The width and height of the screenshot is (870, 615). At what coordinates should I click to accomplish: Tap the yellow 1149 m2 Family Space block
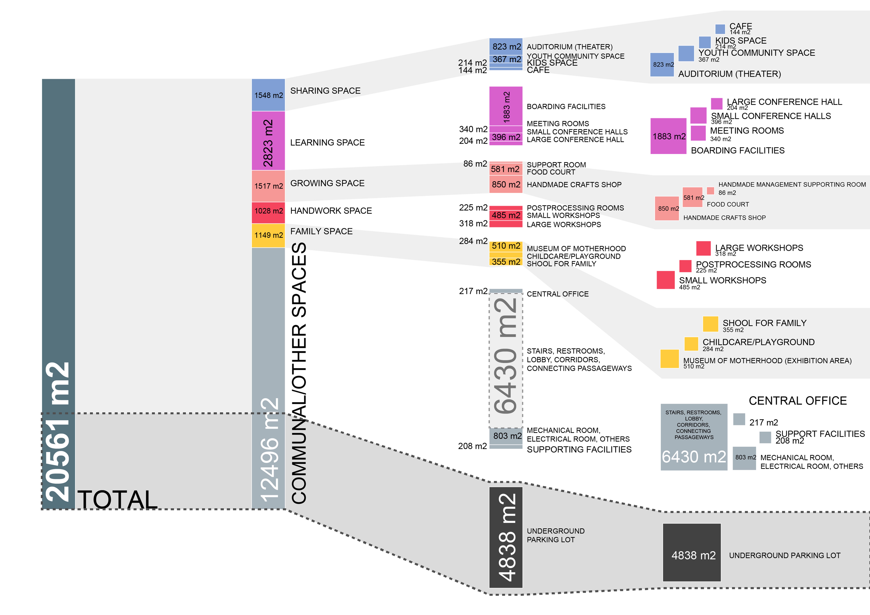coord(268,235)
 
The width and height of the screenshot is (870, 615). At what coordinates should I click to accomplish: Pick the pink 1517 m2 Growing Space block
coord(268,186)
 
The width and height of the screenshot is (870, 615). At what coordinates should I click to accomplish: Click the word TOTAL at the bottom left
coord(117,499)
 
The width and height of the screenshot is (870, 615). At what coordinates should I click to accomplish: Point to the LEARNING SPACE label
coord(327,143)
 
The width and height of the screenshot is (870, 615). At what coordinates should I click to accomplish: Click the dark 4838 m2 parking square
coord(692,553)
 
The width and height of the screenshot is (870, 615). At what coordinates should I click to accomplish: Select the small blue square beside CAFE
coord(720,29)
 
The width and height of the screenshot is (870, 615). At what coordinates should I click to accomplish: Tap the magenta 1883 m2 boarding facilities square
coord(668,136)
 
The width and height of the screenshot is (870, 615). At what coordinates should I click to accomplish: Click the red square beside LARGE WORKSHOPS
coord(703,248)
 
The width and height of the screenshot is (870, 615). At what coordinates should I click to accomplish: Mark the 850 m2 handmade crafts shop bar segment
coord(506,184)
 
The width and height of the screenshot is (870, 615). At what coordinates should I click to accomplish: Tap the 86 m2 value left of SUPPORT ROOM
coord(475,164)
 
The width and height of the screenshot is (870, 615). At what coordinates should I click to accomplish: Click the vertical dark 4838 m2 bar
coord(506,537)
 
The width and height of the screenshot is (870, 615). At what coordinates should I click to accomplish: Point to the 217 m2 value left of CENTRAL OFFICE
coord(473,291)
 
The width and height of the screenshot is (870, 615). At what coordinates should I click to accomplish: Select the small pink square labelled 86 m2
coord(710,191)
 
